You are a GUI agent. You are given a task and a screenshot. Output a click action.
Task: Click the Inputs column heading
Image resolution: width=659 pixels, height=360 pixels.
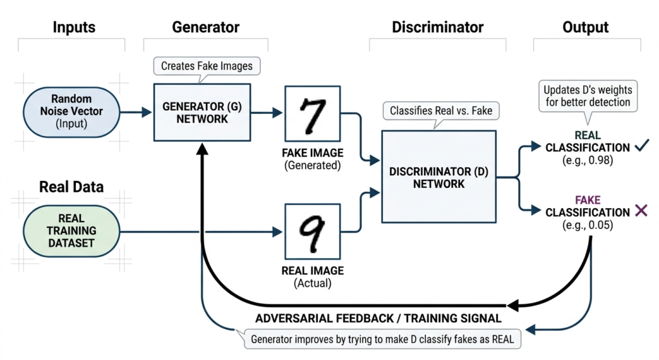[73, 27]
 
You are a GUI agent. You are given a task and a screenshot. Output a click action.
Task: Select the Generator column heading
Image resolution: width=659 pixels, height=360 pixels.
[205, 27]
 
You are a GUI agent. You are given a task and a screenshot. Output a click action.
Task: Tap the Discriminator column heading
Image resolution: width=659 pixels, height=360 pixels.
[437, 27]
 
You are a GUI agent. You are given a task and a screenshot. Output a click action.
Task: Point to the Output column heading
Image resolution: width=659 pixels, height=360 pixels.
[586, 27]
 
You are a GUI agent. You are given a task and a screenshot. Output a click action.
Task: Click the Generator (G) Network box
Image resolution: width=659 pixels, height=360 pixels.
[203, 112]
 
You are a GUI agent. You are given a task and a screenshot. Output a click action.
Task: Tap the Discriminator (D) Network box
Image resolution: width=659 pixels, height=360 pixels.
[439, 175]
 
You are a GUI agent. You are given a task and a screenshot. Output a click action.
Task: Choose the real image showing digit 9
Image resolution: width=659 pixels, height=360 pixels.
[313, 231]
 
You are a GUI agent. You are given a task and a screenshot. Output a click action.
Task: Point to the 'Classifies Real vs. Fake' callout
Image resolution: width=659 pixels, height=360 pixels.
[441, 111]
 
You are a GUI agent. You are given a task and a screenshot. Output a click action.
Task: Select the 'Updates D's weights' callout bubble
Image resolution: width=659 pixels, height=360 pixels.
[587, 96]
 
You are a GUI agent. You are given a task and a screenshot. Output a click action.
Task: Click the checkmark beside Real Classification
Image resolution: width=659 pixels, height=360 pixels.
[641, 147]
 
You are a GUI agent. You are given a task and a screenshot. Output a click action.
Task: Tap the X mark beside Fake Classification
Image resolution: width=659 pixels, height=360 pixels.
[640, 211]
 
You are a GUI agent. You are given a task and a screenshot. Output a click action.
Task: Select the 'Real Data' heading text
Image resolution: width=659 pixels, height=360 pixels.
[71, 187]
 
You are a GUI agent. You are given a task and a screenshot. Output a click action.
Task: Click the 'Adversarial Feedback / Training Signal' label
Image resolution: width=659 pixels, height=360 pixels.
[378, 318]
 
